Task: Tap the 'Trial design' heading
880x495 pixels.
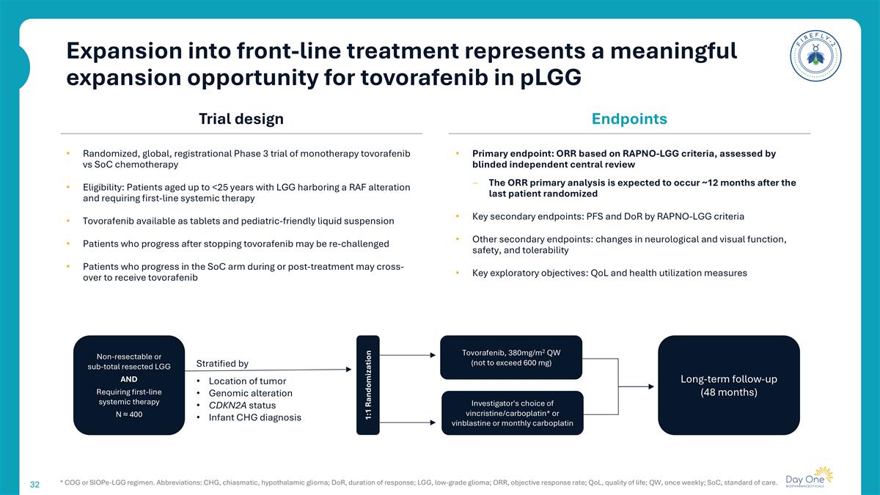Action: click(x=241, y=119)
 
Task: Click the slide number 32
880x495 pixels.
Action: click(x=34, y=485)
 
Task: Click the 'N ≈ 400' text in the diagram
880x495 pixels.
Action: click(x=128, y=415)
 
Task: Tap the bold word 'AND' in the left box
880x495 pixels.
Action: click(x=128, y=379)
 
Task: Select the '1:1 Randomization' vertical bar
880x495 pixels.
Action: click(x=368, y=385)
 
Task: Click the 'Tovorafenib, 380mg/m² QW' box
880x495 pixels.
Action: click(x=511, y=357)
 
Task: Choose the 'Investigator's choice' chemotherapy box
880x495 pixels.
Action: click(x=511, y=413)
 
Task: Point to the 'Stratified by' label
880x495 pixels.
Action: click(x=222, y=364)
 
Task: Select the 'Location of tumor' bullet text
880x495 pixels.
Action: click(x=247, y=381)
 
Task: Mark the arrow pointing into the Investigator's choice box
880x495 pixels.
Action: click(x=411, y=422)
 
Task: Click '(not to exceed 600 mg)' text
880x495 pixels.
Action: click(x=511, y=364)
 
